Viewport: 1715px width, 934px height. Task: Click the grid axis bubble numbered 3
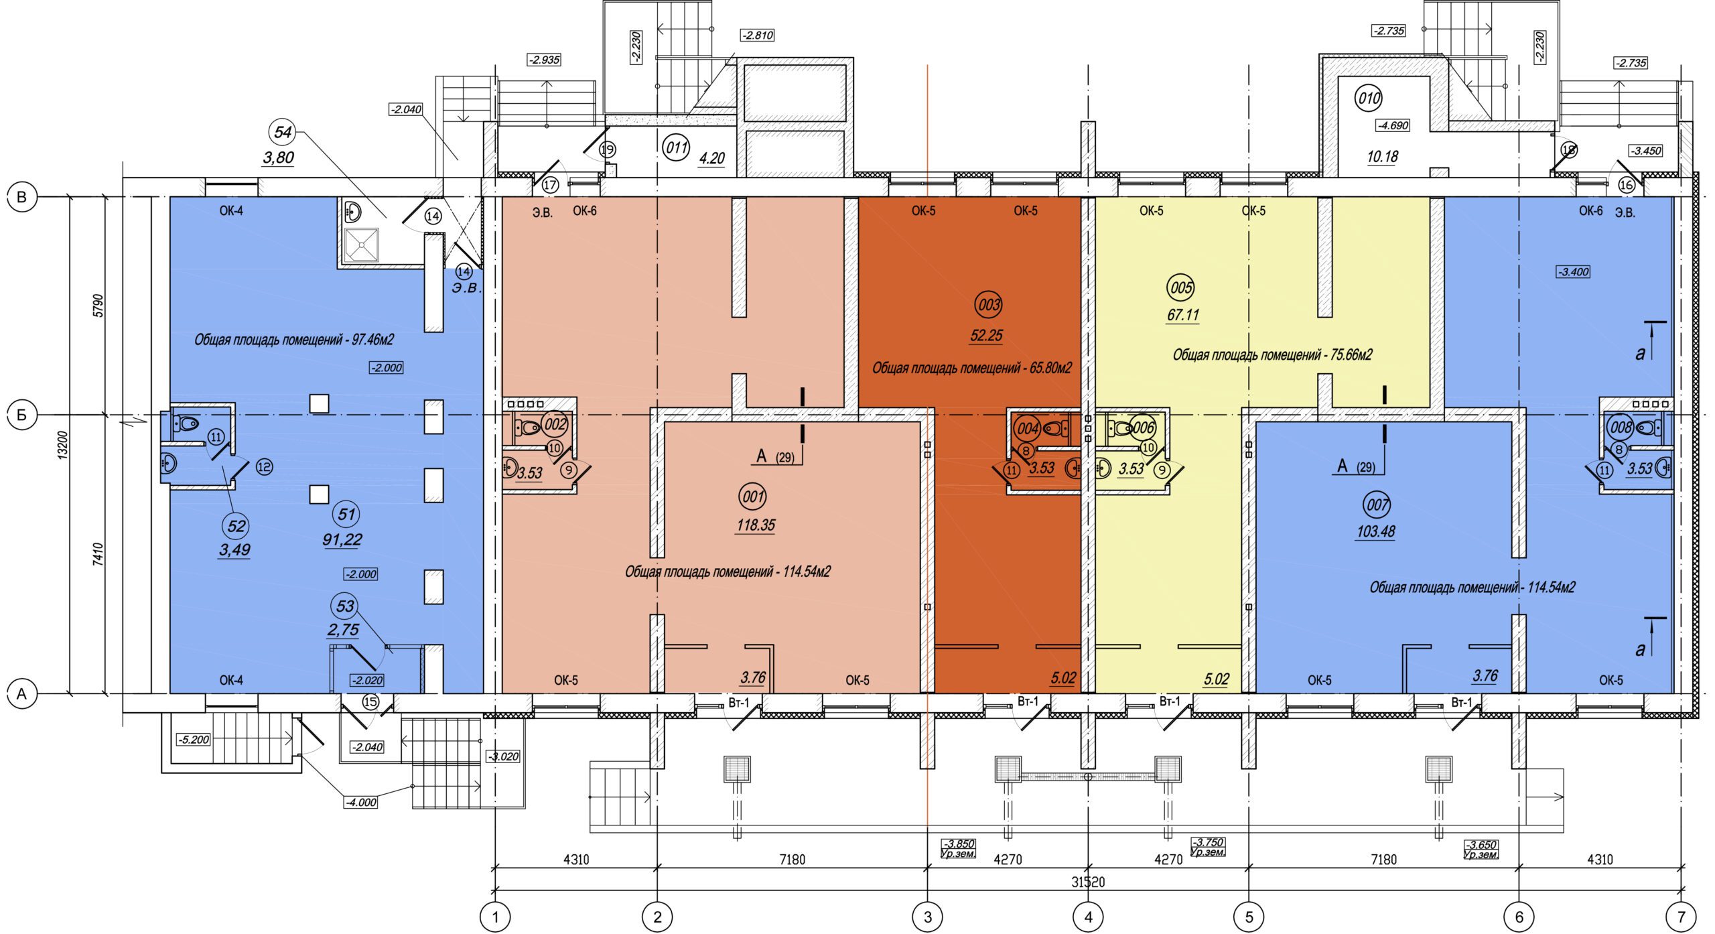(x=928, y=916)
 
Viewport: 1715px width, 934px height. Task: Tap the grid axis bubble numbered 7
(x=1681, y=916)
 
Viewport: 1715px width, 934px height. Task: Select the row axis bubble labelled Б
(x=21, y=415)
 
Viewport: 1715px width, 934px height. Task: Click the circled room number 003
(x=989, y=306)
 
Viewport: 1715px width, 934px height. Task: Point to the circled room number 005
(x=1181, y=288)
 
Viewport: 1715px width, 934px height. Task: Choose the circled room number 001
(x=753, y=497)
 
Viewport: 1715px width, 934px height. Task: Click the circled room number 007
(x=1377, y=505)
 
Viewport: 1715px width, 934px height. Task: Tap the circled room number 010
(x=1369, y=98)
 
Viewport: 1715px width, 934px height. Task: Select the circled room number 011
(x=676, y=147)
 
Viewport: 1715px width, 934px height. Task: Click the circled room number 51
(x=346, y=515)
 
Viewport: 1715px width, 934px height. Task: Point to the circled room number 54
(x=283, y=132)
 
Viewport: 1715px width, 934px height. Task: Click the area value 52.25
(x=986, y=336)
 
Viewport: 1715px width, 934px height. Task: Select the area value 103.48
(x=1375, y=532)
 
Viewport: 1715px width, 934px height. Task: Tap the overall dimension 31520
(x=1088, y=882)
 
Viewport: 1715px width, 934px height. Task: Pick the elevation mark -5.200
(x=193, y=740)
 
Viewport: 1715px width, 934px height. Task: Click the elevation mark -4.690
(x=1393, y=125)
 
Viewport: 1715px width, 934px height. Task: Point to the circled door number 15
(x=370, y=702)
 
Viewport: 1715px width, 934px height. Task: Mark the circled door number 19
(x=607, y=149)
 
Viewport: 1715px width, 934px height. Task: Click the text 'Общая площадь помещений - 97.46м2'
(x=294, y=340)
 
